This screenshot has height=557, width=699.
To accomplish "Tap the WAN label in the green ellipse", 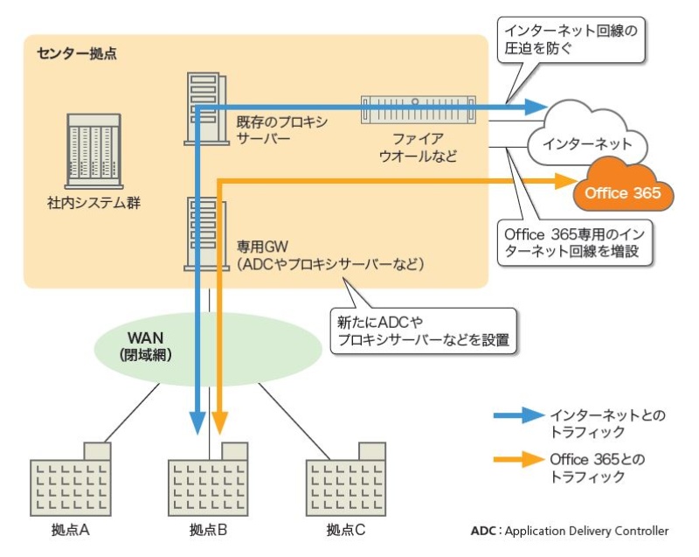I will click(x=145, y=338).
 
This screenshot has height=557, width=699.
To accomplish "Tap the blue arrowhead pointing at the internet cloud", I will click(x=536, y=108).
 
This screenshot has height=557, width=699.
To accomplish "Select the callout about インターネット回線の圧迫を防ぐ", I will click(x=571, y=38).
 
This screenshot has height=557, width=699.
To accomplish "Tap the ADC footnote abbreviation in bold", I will click(x=482, y=531).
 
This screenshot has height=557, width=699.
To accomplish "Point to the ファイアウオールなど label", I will click(x=418, y=147).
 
